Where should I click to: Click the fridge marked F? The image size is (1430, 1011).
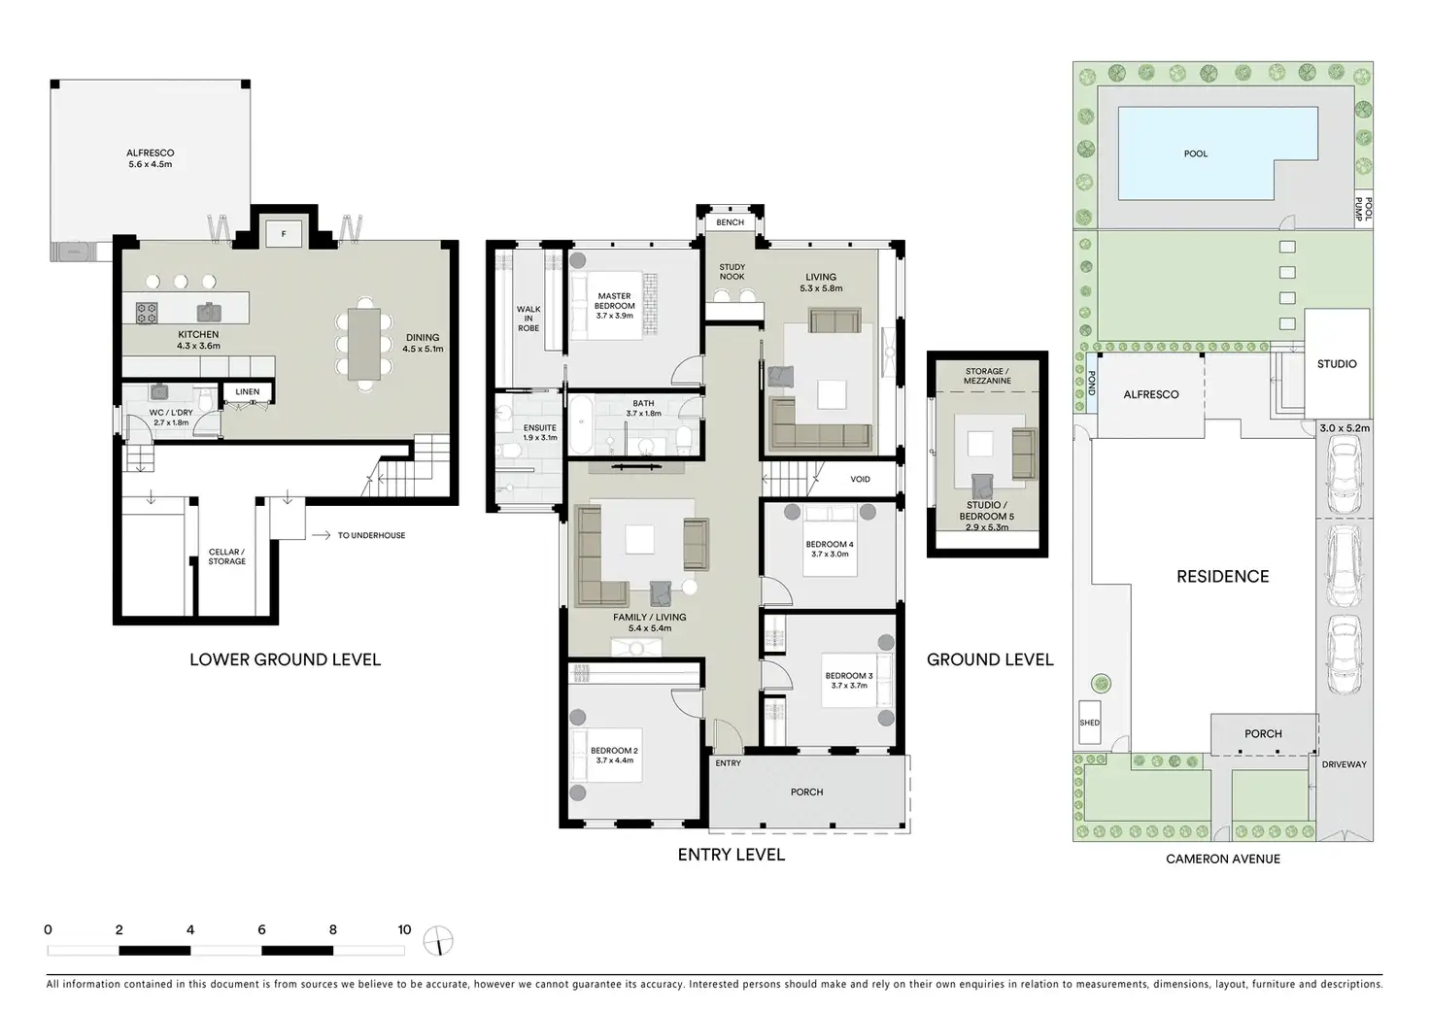click(284, 234)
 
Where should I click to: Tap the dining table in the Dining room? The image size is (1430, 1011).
click(364, 344)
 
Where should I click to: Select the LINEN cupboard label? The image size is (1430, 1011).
click(247, 392)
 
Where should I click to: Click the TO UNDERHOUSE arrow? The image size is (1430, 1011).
click(322, 535)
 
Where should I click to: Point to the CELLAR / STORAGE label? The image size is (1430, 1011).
click(226, 556)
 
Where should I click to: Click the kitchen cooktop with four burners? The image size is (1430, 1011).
click(146, 313)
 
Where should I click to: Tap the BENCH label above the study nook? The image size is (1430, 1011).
click(730, 222)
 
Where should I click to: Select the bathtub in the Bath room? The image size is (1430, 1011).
click(582, 423)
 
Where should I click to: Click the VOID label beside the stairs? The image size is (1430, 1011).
click(860, 479)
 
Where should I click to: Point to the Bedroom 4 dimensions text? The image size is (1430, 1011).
click(830, 554)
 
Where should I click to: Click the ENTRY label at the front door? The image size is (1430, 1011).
click(728, 762)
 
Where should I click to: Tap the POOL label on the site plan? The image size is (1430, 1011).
click(1195, 153)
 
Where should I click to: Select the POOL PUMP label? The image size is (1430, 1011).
click(1363, 209)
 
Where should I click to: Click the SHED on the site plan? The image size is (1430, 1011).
click(1089, 723)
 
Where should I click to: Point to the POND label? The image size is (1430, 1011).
click(1091, 383)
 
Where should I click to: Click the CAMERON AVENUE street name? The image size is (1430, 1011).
click(1222, 859)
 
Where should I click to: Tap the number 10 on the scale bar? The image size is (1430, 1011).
click(404, 929)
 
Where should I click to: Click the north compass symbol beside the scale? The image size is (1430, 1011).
click(438, 941)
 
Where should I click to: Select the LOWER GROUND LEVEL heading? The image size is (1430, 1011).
click(286, 659)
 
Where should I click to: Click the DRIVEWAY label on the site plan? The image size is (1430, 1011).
click(1344, 764)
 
